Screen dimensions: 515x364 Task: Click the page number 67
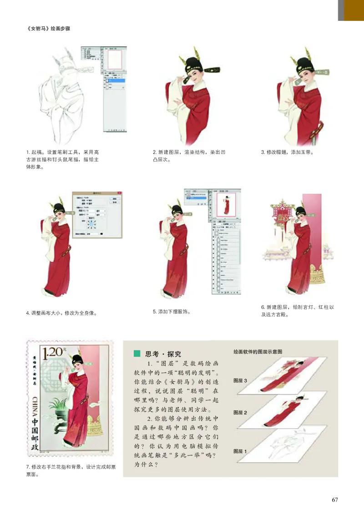(x=335, y=500)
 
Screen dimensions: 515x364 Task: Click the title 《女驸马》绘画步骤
(x=49, y=28)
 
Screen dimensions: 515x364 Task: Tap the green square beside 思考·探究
(x=136, y=353)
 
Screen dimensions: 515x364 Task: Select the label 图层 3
(x=240, y=380)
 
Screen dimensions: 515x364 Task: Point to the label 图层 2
(x=240, y=412)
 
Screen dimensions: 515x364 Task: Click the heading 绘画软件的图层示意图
(x=258, y=352)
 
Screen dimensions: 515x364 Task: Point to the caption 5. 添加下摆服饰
(x=171, y=312)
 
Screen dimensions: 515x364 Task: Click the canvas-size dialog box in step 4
(x=97, y=214)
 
